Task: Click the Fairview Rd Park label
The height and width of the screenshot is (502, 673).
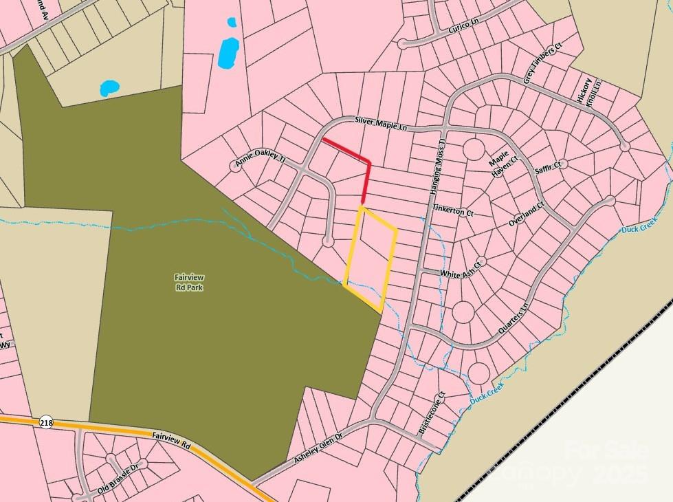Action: (x=189, y=282)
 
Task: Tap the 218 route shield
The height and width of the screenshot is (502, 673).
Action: (x=46, y=422)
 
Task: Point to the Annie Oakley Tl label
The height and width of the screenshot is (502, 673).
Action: (x=260, y=160)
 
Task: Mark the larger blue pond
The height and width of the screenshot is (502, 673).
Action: (x=228, y=53)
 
